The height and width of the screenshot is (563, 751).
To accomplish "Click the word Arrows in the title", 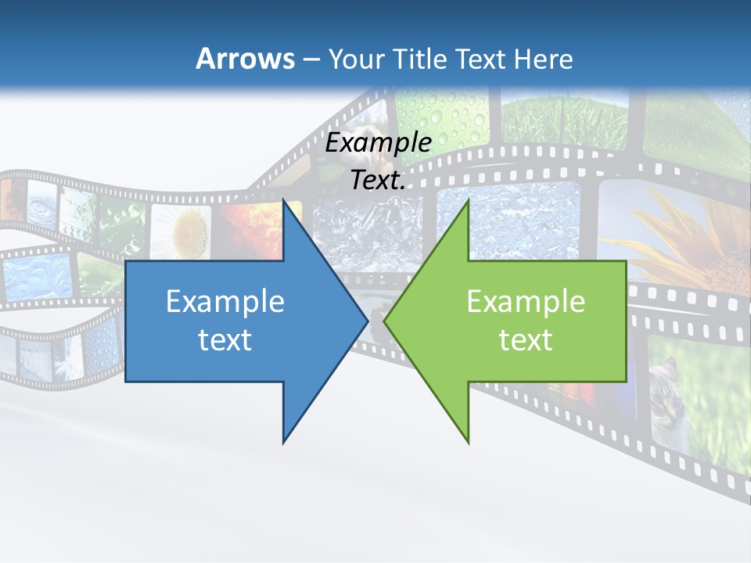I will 244,59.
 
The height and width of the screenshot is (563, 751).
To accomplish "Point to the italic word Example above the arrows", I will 379,143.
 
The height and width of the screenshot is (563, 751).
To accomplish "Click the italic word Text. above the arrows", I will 379,181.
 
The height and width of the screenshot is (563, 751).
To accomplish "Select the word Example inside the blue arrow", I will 225,302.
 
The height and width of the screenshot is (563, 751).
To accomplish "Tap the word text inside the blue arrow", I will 225,339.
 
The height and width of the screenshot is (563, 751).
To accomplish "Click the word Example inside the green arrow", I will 526,302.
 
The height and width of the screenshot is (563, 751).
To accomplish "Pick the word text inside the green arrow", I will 526,339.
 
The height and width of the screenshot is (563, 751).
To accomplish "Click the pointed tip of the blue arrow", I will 367,321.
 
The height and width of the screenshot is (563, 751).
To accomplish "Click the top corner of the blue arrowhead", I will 284,200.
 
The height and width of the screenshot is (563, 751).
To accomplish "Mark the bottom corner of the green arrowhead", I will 468,442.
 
